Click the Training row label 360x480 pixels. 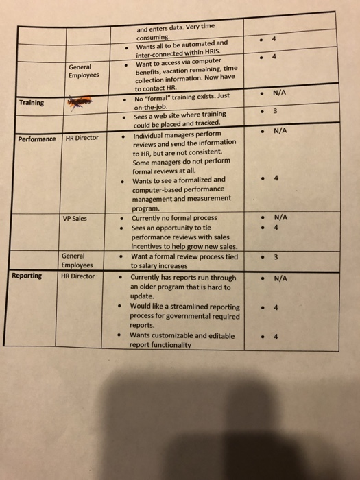pyautogui.click(x=32, y=103)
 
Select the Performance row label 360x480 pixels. pyautogui.click(x=37, y=139)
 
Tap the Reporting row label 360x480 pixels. pyautogui.click(x=27, y=276)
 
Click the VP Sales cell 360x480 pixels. pyautogui.click(x=75, y=219)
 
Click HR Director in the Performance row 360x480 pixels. pyautogui.click(x=81, y=138)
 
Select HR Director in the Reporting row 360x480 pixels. pyautogui.click(x=79, y=276)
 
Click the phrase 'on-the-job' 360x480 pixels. pyautogui.click(x=151, y=107)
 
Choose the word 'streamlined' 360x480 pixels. pyautogui.click(x=182, y=307)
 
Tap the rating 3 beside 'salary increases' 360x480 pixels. pyautogui.click(x=276, y=258)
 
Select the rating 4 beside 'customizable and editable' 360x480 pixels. pyautogui.click(x=276, y=337)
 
